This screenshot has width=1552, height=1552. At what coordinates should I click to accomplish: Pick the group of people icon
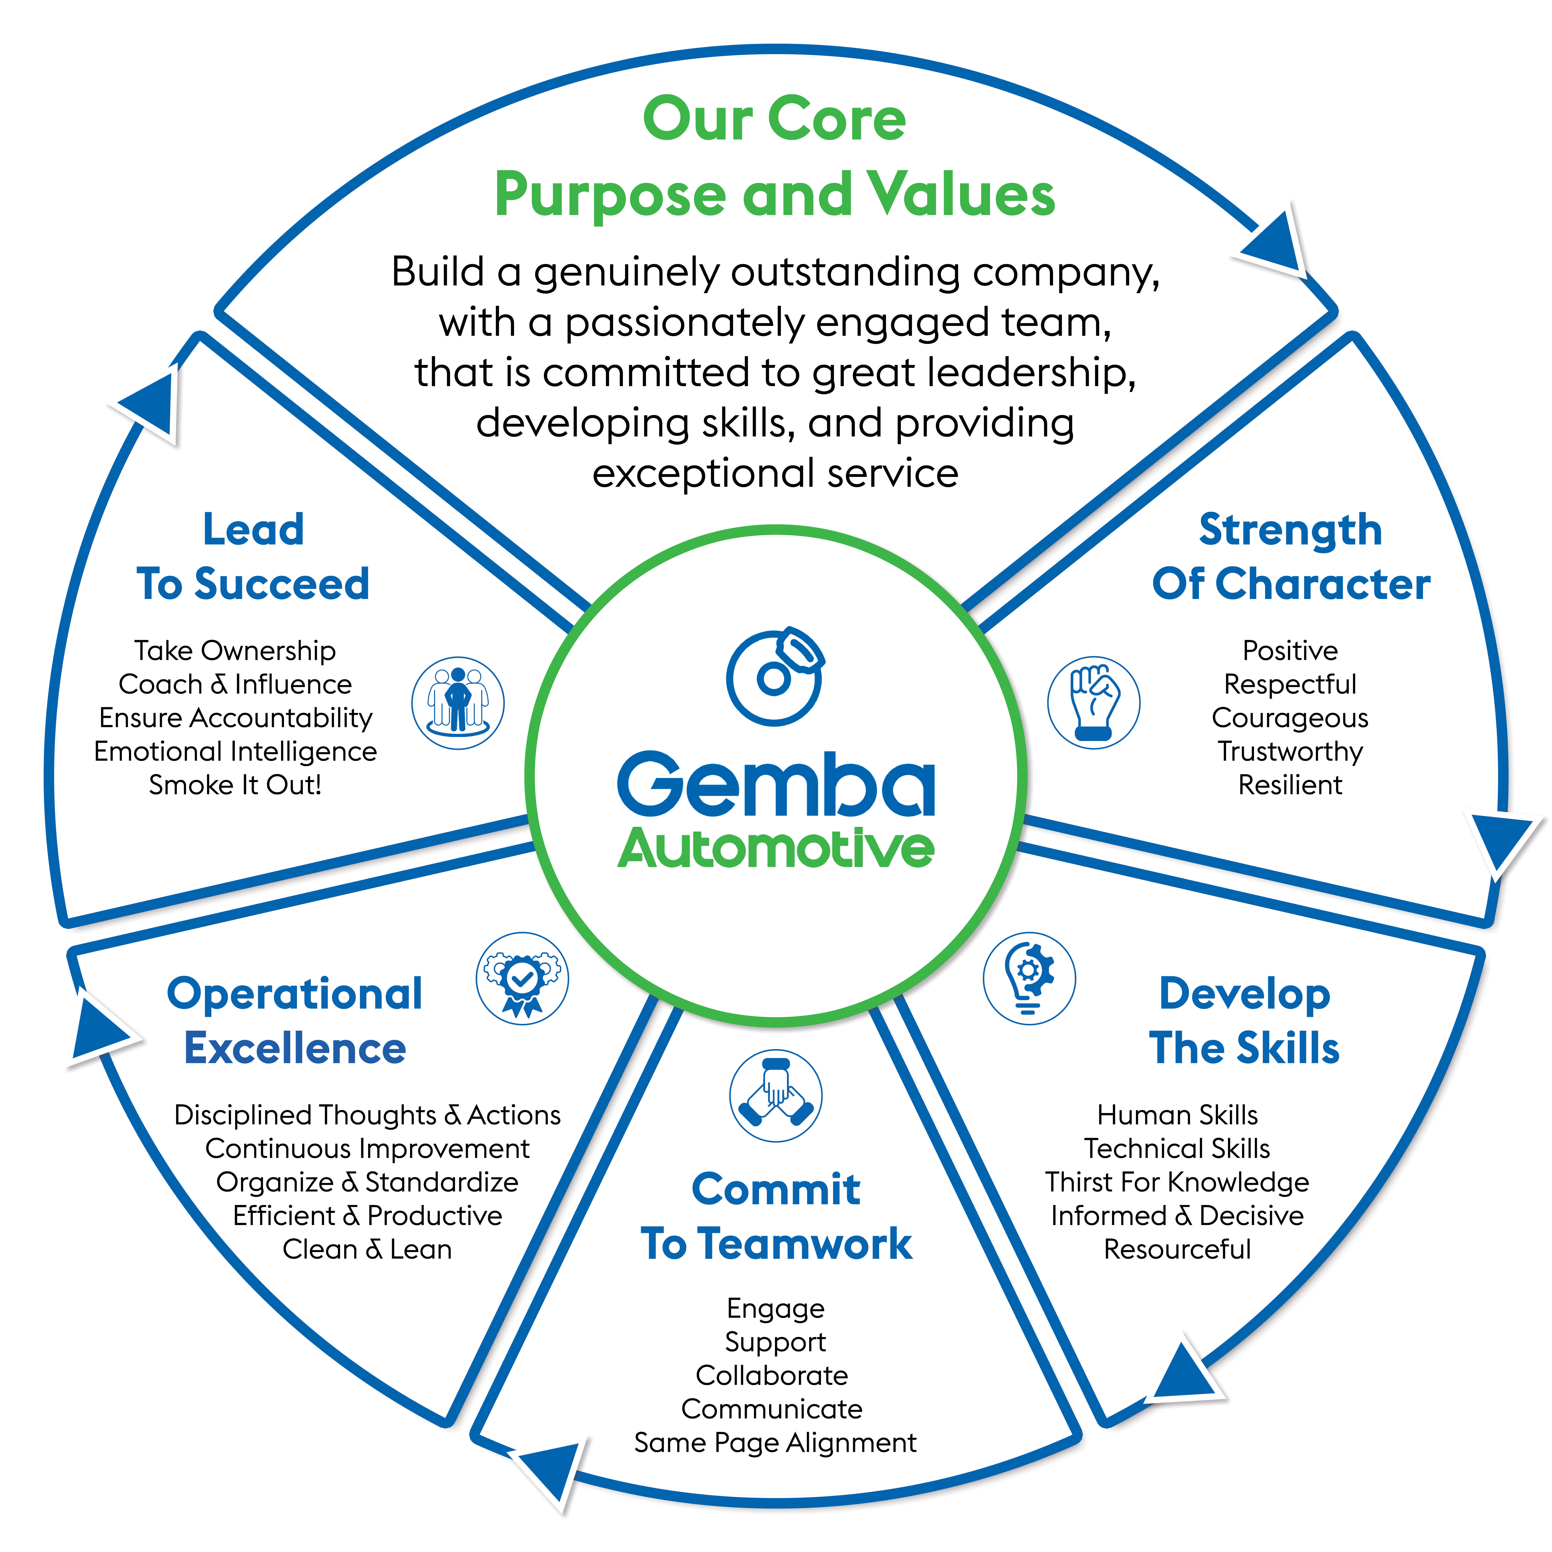(458, 703)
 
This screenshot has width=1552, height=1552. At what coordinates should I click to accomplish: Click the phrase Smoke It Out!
(235, 785)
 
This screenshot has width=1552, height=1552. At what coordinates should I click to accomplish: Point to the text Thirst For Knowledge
(1177, 1182)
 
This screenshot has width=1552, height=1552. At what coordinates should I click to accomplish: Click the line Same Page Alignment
(775, 1442)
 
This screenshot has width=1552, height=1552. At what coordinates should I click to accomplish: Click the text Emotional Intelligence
(235, 751)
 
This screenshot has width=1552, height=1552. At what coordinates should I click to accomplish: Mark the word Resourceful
(1177, 1249)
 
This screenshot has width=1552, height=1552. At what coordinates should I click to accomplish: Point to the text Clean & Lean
(367, 1249)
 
